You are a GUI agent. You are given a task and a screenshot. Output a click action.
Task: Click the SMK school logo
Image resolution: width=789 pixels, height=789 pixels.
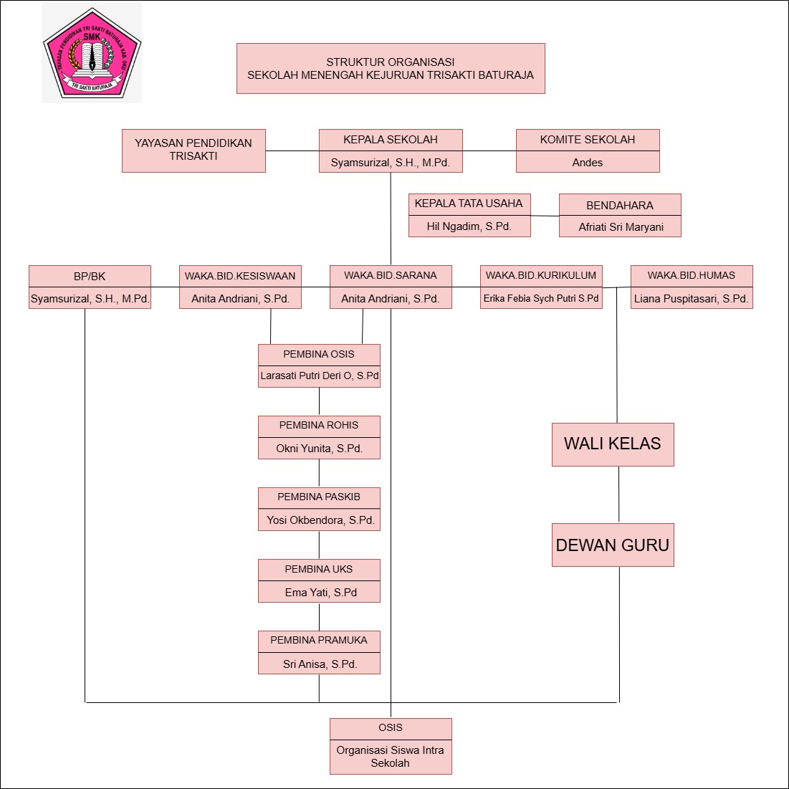92,52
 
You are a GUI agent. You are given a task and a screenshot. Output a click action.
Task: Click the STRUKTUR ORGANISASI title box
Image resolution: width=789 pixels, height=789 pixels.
391,68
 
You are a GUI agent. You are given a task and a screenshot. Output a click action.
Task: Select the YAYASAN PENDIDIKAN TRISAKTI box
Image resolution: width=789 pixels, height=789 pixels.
193,150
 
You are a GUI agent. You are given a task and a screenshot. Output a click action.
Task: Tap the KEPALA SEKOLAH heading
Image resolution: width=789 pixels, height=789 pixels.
391,140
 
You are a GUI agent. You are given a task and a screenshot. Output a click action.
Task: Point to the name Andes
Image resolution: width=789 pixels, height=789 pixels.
588,163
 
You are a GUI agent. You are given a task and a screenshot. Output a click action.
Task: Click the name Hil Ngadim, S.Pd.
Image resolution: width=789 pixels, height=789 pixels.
469,226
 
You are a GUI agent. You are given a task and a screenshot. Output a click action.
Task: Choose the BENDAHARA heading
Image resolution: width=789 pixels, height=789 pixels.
620,205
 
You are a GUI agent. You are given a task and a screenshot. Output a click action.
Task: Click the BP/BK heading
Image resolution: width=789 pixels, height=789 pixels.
90,276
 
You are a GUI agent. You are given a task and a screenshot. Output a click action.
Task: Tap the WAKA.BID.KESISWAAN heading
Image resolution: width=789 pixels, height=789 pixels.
240,276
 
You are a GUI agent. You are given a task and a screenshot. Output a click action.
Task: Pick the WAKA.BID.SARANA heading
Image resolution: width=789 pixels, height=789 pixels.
391,276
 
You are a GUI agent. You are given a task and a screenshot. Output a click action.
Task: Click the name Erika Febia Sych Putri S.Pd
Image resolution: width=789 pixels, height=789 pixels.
541,298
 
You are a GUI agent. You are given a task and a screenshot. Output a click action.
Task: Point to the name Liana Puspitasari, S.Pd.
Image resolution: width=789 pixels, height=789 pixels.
692,298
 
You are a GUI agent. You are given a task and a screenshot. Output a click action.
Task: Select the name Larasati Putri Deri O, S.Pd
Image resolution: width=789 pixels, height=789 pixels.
320,376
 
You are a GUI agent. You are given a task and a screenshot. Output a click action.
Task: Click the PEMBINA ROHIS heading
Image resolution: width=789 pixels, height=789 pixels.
319,426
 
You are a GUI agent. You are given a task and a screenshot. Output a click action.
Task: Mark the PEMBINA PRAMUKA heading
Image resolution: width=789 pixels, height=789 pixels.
319,641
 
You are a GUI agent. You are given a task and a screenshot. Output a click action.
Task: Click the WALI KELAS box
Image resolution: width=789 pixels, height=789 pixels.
613,444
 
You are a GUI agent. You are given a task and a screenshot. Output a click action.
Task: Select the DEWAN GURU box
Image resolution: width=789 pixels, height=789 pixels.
613,545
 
